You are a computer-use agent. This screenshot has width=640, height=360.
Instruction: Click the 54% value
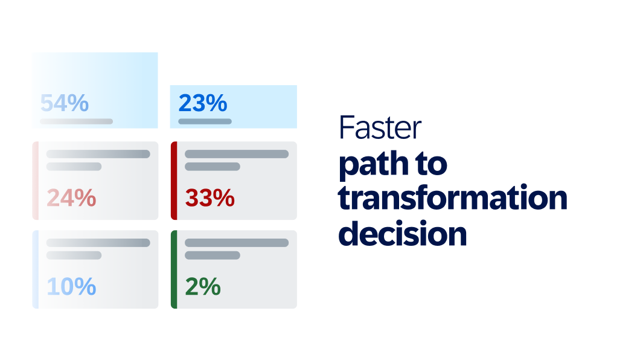click(65, 104)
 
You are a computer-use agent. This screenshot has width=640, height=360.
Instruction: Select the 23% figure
click(203, 104)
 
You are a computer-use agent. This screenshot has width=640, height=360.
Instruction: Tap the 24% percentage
click(71, 198)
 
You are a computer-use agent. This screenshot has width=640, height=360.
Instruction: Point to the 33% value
click(210, 198)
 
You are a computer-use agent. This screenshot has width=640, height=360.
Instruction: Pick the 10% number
click(71, 287)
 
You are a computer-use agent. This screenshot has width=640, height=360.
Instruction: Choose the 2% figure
click(203, 287)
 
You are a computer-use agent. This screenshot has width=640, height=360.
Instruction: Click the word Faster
click(380, 128)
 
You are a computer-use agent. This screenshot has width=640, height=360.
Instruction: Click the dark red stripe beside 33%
click(174, 181)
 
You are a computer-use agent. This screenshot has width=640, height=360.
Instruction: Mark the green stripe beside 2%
click(174, 269)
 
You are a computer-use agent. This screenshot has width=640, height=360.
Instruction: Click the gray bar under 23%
click(205, 121)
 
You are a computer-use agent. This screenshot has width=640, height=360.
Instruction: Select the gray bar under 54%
click(76, 121)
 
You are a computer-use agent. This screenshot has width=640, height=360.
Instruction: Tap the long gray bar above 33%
click(237, 154)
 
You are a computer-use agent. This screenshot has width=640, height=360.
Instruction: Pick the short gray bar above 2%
click(212, 256)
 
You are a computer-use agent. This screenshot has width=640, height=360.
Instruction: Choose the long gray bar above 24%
click(98, 154)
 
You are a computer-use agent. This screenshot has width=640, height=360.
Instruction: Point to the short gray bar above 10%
click(74, 256)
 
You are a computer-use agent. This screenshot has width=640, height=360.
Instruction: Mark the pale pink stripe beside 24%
click(36, 181)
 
